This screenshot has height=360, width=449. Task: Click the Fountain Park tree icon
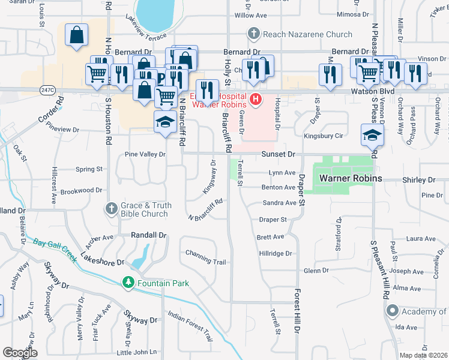[x=128, y=282]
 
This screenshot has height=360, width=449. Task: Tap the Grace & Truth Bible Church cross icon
[x=111, y=209]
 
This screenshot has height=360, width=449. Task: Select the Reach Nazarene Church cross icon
[x=254, y=34]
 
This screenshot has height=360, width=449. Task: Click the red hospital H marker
[x=256, y=99]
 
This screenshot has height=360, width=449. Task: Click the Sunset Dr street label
[x=279, y=154]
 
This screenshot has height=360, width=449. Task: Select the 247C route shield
[x=48, y=91]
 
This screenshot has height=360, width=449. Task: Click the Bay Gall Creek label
[x=54, y=249]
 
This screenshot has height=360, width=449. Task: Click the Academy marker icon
[x=393, y=311]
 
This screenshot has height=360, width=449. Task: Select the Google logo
[x=20, y=353]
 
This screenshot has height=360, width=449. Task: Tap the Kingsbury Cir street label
[x=322, y=136]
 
